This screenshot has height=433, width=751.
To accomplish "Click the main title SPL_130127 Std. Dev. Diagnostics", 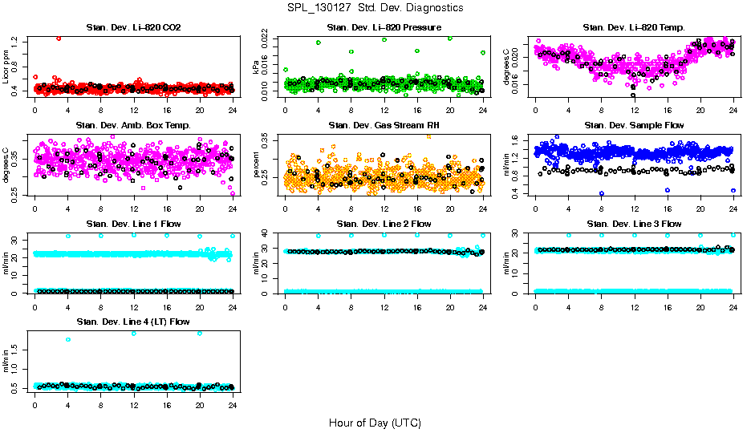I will (375, 8).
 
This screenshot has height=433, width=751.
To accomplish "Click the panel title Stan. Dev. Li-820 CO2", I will (133, 28).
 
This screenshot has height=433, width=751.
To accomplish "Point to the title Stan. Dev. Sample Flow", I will (634, 126).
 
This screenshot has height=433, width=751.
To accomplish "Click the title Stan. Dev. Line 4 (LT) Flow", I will (133, 322).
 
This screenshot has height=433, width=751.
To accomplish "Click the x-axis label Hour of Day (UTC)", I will (375, 423).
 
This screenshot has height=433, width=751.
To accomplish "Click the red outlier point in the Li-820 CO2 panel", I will (59, 38).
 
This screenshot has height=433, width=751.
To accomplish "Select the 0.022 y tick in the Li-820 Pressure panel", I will (268, 38).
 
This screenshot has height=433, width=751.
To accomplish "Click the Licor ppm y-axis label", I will (6, 67).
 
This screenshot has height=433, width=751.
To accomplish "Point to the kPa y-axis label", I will (257, 67).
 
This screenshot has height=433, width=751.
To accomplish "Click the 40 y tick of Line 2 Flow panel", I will (271, 233).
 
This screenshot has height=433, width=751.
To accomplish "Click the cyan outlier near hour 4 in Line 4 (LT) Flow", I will (68, 339).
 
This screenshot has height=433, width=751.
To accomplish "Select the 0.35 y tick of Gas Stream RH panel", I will (268, 140).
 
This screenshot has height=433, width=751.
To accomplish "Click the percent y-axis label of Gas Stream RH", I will (257, 165).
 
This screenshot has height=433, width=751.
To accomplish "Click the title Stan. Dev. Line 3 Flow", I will (634, 224).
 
